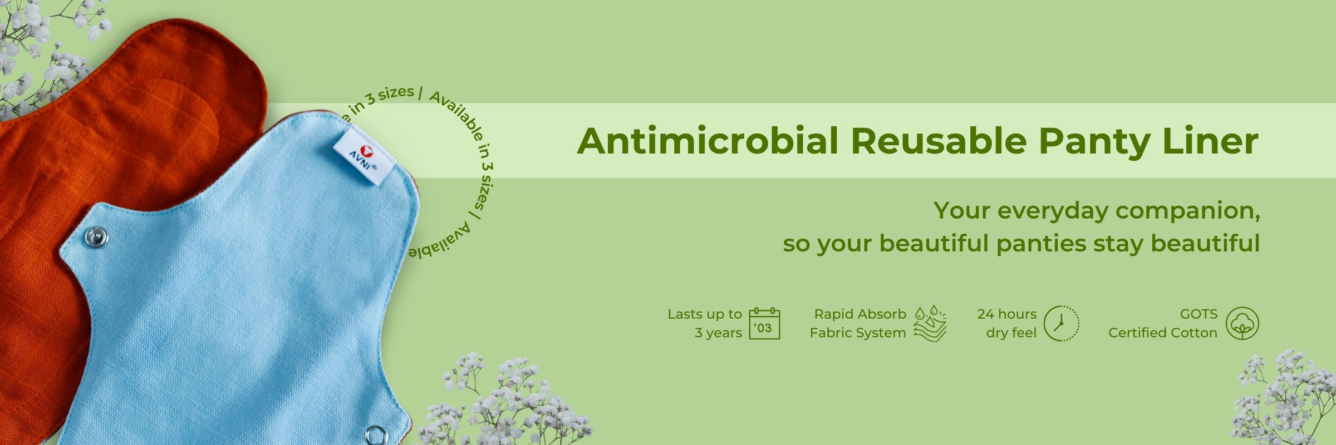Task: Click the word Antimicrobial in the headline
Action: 708,141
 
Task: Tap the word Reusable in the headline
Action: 939,141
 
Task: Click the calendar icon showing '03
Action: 764,323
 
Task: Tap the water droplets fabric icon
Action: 930,323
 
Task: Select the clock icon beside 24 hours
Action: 1061,323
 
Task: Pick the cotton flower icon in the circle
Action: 1242,323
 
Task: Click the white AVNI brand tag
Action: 365,154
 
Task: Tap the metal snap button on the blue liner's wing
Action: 96,238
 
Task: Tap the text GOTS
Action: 1199,314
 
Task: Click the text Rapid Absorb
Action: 860,314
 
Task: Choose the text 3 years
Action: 718,333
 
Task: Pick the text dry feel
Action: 1011,333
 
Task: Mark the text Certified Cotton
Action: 1163,333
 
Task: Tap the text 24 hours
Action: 1007,314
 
